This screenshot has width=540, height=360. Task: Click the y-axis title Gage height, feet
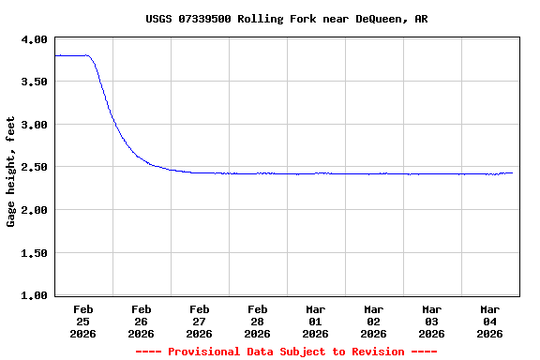tap(11, 172)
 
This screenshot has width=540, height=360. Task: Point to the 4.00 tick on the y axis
tap(33, 39)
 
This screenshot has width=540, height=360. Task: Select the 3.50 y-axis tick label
tap(33, 82)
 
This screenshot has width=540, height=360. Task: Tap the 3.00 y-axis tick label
tap(33, 125)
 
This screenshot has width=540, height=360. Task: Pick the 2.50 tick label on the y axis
tap(33, 168)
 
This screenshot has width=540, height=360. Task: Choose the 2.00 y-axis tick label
tap(33, 210)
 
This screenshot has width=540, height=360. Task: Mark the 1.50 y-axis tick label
tap(33, 253)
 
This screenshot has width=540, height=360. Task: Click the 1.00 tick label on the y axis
tap(33, 296)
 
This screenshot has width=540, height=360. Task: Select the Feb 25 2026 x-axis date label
tap(83, 321)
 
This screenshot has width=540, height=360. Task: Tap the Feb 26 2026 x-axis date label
tap(142, 321)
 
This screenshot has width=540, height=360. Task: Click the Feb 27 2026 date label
tap(200, 321)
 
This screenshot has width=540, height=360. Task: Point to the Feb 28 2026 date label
tap(258, 321)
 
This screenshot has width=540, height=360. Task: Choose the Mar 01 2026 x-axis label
tap(316, 321)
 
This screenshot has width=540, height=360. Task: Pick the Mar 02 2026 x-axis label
tap(374, 321)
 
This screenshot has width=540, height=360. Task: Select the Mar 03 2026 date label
tap(432, 321)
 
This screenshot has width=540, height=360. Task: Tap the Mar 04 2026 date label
tap(490, 321)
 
